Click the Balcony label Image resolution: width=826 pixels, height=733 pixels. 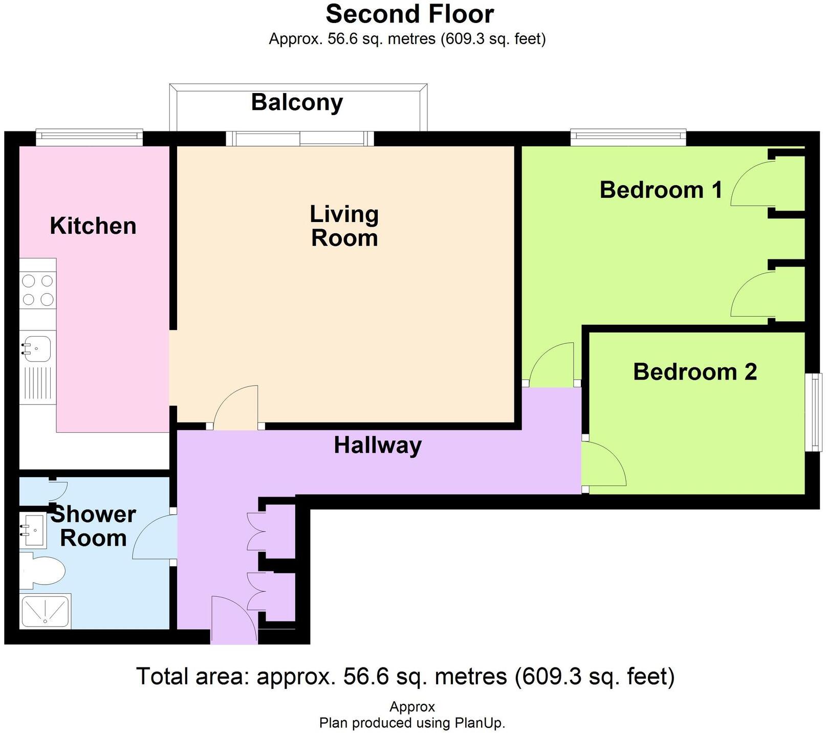click(297, 103)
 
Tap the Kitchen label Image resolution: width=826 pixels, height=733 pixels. click(93, 226)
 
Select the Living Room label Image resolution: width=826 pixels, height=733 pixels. click(344, 226)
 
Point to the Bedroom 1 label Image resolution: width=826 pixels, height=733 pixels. click(661, 190)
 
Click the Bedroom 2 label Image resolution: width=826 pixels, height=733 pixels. click(695, 372)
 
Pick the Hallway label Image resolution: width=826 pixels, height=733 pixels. click(378, 446)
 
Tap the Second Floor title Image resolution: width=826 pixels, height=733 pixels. click(410, 14)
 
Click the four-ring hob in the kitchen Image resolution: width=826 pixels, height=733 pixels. click(38, 290)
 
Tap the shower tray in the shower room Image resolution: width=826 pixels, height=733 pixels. click(45, 611)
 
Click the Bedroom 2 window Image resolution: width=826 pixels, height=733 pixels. click(813, 412)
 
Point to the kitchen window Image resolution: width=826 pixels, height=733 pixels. click(89, 136)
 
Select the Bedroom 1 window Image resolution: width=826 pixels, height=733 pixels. click(628, 136)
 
